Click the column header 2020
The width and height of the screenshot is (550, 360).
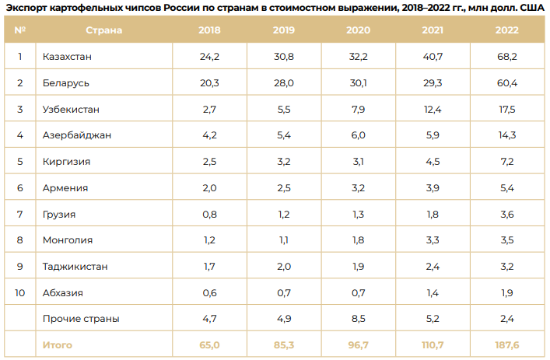359,30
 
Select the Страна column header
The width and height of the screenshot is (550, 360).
103,30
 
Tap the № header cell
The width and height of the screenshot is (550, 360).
20,30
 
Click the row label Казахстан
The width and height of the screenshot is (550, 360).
69,57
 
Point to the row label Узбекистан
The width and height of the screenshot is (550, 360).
72,109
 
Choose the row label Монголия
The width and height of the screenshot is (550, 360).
68,240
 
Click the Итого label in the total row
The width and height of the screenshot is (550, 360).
58,344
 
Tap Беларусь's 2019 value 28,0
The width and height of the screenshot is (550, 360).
284,82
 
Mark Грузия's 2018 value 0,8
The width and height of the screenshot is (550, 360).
209,214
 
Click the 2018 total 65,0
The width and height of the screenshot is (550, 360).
209,344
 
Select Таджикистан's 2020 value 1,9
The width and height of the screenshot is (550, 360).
359,267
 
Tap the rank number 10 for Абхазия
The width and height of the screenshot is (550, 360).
20,293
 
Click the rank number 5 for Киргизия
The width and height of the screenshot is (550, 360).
20,162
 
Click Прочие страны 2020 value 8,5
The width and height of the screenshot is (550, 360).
359,319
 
